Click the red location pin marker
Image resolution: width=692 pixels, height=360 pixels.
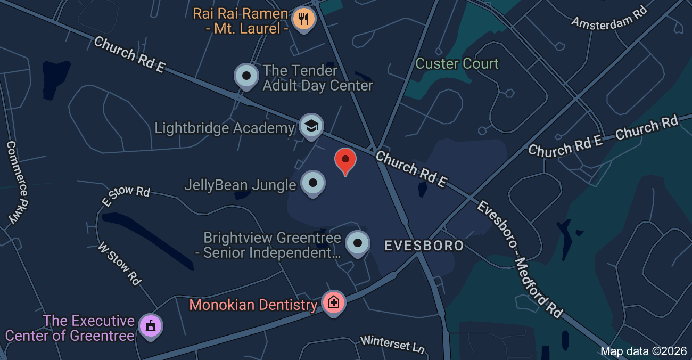(x=345, y=160)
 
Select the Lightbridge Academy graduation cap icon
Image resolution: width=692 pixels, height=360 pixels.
(x=311, y=126)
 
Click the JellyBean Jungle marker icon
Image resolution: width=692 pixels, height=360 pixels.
(x=313, y=183)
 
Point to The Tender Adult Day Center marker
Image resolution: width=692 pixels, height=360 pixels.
(x=246, y=76)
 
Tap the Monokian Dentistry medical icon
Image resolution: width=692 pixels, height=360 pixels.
(x=334, y=302)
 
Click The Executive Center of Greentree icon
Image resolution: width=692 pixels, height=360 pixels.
(x=150, y=326)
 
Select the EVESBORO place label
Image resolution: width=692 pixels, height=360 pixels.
(x=424, y=246)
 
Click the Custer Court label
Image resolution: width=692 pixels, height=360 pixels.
(x=457, y=64)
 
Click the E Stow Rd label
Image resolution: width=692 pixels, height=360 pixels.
(x=126, y=194)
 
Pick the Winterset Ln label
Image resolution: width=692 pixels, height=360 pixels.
(x=393, y=343)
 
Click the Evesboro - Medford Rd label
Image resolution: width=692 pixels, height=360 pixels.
(x=519, y=259)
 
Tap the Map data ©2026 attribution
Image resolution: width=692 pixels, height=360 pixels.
(x=644, y=351)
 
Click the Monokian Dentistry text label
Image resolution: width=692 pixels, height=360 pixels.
(x=253, y=305)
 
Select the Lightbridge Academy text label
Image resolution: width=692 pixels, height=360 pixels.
(x=225, y=128)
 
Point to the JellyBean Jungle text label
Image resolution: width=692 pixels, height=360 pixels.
(x=240, y=185)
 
